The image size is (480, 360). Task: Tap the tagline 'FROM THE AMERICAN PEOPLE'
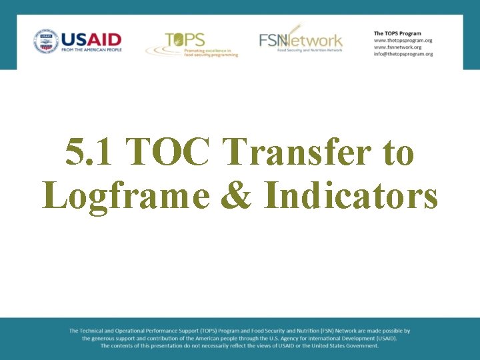91,49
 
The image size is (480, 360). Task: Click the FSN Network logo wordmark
301,40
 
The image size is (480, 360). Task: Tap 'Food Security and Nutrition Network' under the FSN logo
309,51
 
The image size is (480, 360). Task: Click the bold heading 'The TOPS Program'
397,33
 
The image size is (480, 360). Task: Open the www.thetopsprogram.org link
403,40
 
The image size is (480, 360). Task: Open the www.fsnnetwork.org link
397,47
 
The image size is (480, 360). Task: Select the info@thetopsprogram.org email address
403,54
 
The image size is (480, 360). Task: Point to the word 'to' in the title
399,153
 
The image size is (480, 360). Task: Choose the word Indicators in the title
351,195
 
